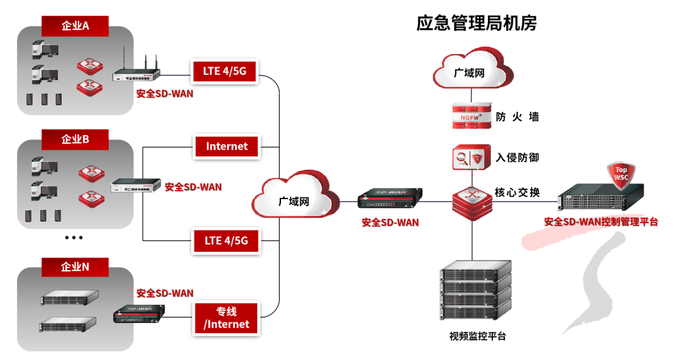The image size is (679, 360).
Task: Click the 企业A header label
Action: tap(75, 26)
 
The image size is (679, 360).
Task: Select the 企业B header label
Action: tap(75, 139)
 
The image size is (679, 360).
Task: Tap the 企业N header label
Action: tap(75, 267)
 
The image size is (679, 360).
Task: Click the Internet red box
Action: tap(226, 146)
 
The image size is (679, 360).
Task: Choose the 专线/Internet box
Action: tap(226, 318)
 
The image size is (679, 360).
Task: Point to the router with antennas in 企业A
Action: tap(136, 72)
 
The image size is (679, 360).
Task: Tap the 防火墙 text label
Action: tap(517, 117)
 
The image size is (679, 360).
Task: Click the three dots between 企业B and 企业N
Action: tap(74, 238)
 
